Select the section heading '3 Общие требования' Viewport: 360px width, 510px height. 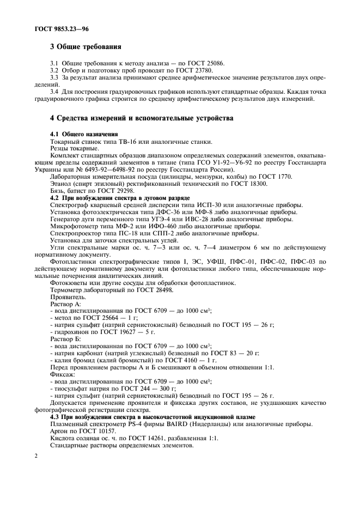85,46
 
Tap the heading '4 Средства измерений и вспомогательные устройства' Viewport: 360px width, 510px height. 142,118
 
